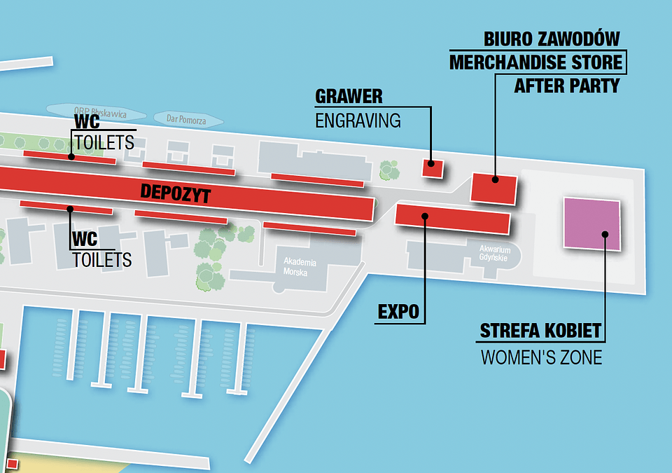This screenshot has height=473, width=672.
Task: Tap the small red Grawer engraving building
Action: pos(432,167)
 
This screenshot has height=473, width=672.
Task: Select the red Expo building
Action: pos(453,218)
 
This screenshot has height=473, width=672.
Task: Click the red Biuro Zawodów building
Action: pos(494,188)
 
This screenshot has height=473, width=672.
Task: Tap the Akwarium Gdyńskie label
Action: pos(495,253)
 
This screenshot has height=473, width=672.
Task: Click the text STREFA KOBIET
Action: pos(540,331)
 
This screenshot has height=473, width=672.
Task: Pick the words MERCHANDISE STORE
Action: pos(535,62)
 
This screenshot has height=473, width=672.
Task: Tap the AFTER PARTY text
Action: pos(567,86)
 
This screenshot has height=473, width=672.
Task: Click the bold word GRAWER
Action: pos(349,96)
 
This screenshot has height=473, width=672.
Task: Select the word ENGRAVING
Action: pos(358,120)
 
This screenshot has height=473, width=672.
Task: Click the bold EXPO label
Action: pos(398,312)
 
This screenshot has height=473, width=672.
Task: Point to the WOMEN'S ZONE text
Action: pos(541,357)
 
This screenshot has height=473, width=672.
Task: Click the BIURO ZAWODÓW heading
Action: pos(552,39)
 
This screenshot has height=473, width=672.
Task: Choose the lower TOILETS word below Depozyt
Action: pos(102,260)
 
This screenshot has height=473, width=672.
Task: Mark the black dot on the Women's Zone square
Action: pos(605,235)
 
